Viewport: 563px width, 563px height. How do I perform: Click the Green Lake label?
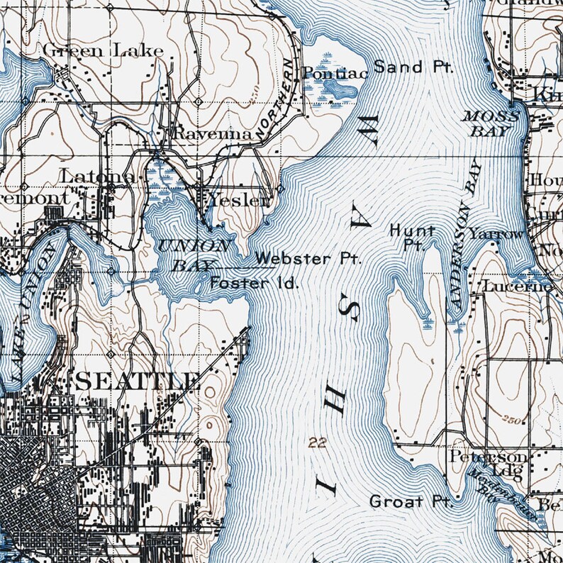pyautogui.click(x=103, y=50)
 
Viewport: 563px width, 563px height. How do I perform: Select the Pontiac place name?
pyautogui.click(x=326, y=72)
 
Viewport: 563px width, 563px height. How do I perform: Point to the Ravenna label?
pyautogui.click(x=213, y=134)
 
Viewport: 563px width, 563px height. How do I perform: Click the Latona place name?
pyautogui.click(x=98, y=175)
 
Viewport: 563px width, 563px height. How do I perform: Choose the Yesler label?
pyautogui.click(x=238, y=201)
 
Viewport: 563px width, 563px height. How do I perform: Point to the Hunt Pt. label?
pyautogui.click(x=412, y=237)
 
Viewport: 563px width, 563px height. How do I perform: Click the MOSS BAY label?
pyautogui.click(x=491, y=123)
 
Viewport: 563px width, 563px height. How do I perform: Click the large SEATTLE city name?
pyautogui.click(x=136, y=381)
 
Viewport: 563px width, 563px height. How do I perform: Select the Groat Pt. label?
pyautogui.click(x=411, y=502)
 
